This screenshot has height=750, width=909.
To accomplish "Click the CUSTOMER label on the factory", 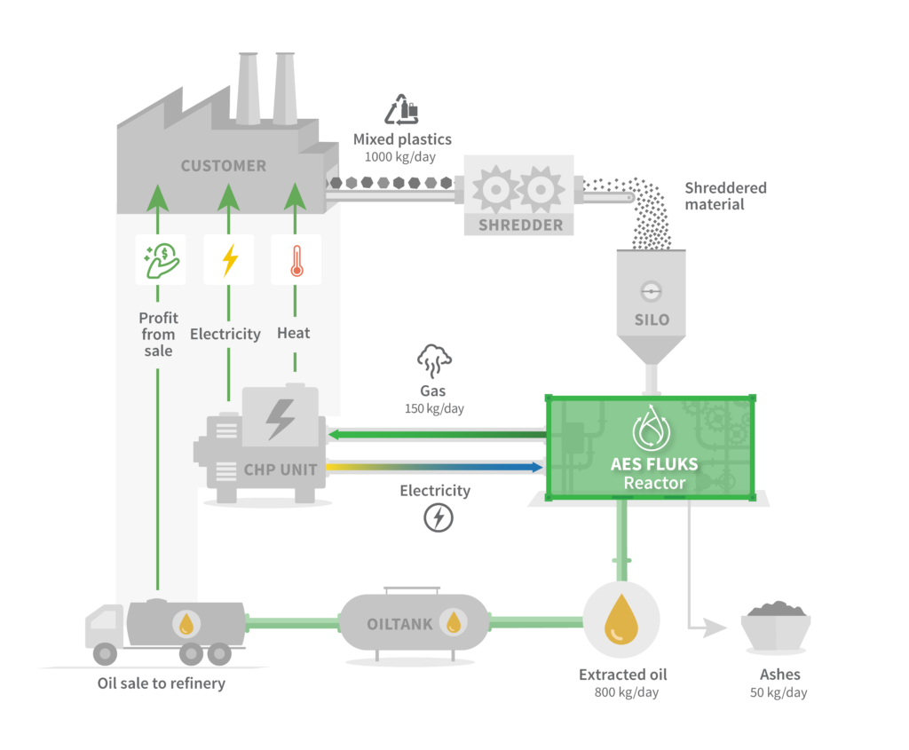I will point(223,166).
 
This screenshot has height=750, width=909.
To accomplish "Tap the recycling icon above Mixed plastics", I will point(401,111).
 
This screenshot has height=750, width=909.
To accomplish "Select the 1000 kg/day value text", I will point(402,156).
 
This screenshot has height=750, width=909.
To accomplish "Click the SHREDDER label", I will point(521,225).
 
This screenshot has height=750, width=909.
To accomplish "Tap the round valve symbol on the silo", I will point(651,290).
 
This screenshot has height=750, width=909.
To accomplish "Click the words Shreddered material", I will point(725,196).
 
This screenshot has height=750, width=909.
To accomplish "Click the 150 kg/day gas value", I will point(434,409).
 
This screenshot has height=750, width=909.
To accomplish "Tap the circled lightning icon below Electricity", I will point(438,517).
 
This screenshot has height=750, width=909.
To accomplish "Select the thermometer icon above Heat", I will point(295,260).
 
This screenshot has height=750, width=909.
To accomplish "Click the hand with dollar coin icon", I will point(161,260).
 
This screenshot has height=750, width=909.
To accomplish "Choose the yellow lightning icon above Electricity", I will point(229,260).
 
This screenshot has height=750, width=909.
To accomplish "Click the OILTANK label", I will point(399,624).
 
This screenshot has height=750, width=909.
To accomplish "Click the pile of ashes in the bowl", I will point(775,610).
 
